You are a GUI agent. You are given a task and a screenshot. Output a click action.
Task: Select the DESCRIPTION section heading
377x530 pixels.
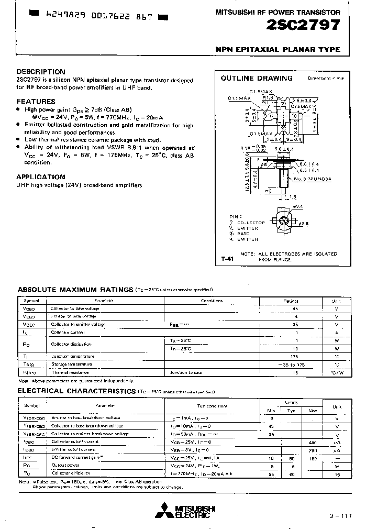click(x=41, y=72)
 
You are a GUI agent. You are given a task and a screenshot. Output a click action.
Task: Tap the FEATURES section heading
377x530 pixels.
click(x=36, y=101)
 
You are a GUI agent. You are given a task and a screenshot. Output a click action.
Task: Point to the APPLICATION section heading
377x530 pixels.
click(x=41, y=177)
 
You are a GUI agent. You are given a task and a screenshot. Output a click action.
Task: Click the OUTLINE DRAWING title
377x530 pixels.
click(x=257, y=79)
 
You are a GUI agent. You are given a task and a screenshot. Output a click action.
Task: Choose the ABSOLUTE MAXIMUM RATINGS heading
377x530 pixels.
click(x=75, y=289)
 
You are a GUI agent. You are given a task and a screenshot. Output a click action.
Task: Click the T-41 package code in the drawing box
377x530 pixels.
click(x=227, y=259)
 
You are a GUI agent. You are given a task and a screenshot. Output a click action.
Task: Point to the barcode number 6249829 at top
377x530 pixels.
click(x=51, y=16)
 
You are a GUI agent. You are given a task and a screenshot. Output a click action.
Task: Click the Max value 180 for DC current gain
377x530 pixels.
click(x=313, y=457)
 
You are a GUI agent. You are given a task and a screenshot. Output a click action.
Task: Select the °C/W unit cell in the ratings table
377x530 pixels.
click(x=336, y=372)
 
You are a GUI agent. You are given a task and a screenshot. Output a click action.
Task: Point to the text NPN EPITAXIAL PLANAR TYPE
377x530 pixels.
click(x=278, y=49)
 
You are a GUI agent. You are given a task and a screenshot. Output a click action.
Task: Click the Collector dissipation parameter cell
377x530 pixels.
click(x=71, y=344)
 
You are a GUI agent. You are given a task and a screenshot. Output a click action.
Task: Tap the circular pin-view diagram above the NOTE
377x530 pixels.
click(x=285, y=222)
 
